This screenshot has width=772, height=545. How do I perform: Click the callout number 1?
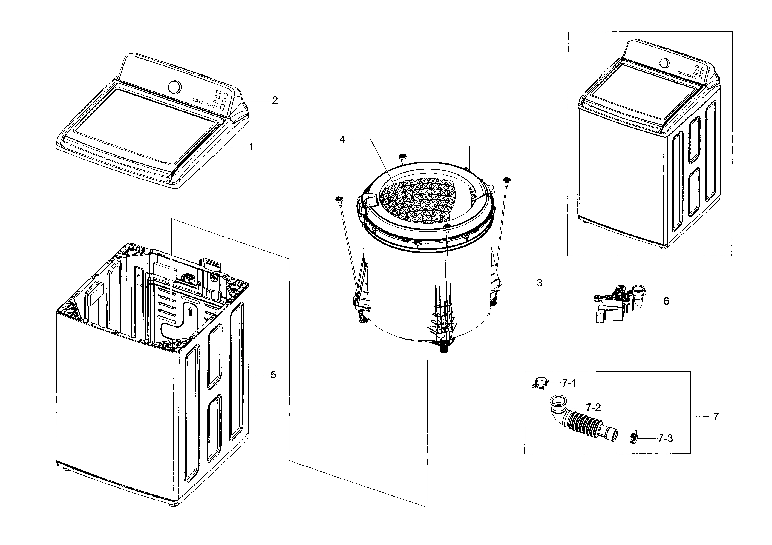pyautogui.click(x=251, y=147)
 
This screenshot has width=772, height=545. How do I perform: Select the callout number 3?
pyautogui.click(x=539, y=283)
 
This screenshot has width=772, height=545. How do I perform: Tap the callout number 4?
pyautogui.click(x=342, y=140)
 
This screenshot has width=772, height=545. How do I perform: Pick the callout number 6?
pyautogui.click(x=666, y=301)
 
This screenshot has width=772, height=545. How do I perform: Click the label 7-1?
pyautogui.click(x=569, y=383)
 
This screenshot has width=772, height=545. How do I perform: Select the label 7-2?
pyautogui.click(x=593, y=408)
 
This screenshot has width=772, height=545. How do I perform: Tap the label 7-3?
pyautogui.click(x=665, y=439)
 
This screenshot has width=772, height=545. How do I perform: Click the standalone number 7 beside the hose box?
pyautogui.click(x=716, y=417)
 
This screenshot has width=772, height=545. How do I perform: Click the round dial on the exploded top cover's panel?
pyautogui.click(x=174, y=87)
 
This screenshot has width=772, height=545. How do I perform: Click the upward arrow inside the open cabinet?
pyautogui.click(x=190, y=311)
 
